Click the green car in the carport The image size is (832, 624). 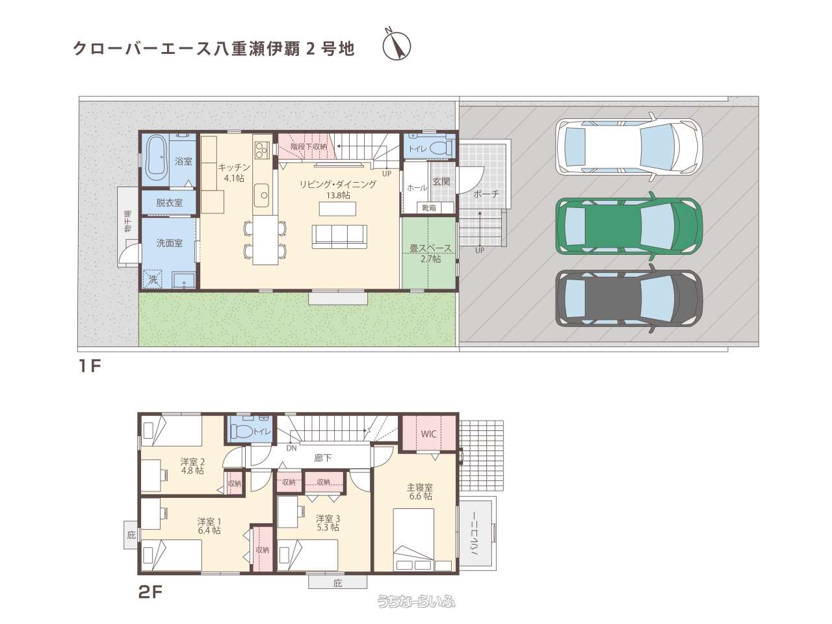coord(629,226)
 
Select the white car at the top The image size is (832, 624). coord(629,147)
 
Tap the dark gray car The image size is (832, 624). coord(629,298)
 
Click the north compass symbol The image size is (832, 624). coord(396,45)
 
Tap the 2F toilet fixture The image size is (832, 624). coord(242,431)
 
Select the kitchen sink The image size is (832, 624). coord(261,196)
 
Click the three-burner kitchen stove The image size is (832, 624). coord(261,149)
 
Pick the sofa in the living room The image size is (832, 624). coord(339,237)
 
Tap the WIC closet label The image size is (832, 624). coord(429,434)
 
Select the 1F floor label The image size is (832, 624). coord(90,366)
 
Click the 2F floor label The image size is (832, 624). coord(150,591)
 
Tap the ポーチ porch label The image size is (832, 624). coord(486,194)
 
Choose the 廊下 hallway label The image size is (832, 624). coord(323,458)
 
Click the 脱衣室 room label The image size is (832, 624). coord(170,203)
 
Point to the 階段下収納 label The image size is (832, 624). coord(309,146)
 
